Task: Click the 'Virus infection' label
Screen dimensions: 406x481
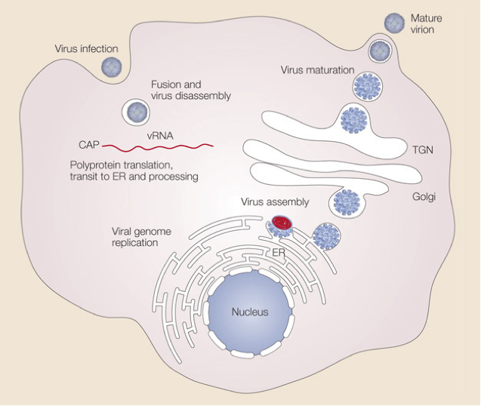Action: pos(86,49)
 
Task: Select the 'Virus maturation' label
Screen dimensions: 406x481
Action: pos(317,70)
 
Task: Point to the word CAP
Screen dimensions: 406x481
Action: pos(88,144)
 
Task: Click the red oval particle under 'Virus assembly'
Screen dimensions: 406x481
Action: pos(282,223)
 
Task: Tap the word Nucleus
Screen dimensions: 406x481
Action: pos(249,311)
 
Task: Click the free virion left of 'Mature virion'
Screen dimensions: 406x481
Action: pos(395,23)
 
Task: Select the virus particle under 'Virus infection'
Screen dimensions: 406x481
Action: pos(112,68)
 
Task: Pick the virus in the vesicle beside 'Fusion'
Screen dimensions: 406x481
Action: pos(137,112)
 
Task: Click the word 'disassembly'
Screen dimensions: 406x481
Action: pos(202,97)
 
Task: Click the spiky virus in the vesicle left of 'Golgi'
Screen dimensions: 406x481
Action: pos(347,201)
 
